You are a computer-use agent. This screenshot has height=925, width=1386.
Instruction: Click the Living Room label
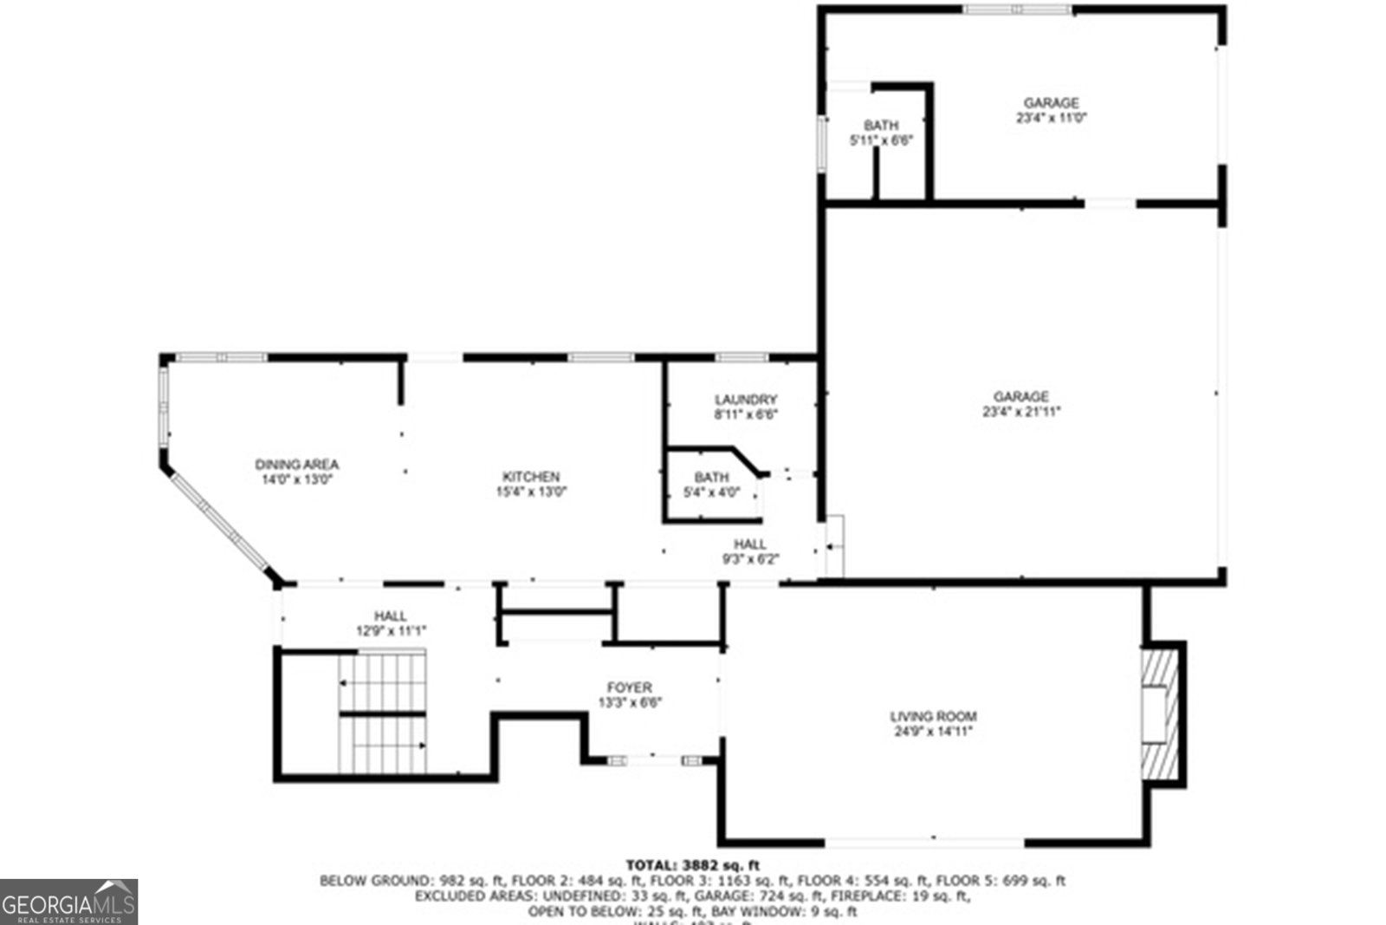click(x=933, y=716)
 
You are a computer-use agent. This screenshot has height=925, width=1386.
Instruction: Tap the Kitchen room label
click(x=531, y=476)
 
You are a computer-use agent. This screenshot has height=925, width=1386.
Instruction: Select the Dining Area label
click(x=296, y=464)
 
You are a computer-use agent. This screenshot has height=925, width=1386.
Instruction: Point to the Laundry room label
click(x=746, y=400)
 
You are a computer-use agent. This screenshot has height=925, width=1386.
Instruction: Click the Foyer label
click(x=630, y=687)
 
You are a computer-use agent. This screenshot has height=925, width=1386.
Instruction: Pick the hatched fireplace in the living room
click(x=1160, y=715)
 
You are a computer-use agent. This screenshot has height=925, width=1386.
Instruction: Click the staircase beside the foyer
click(x=383, y=713)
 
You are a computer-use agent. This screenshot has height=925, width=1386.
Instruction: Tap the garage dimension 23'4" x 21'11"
click(x=1021, y=412)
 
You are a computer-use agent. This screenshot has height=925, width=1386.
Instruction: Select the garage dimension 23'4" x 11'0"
click(x=1052, y=118)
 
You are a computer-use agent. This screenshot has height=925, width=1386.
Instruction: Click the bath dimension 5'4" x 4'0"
click(x=711, y=492)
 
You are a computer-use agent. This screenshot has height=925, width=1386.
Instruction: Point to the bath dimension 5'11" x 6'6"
click(x=881, y=140)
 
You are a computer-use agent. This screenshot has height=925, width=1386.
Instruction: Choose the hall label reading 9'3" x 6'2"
click(x=750, y=558)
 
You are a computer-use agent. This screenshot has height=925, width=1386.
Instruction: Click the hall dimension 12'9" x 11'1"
click(x=391, y=631)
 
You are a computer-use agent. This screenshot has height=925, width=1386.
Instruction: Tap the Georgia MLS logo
click(x=68, y=902)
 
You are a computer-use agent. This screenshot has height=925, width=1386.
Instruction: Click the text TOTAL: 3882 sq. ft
click(x=692, y=864)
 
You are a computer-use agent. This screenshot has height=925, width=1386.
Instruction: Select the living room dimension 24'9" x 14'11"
click(x=933, y=731)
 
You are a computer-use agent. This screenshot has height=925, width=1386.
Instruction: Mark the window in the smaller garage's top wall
click(x=1018, y=10)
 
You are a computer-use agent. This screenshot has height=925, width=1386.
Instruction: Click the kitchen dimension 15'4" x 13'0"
click(x=531, y=492)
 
